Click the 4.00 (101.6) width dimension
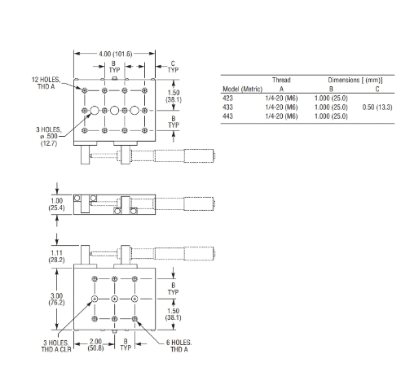click(116, 54)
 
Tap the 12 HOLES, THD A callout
click(46, 83)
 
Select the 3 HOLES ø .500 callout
click(49, 136)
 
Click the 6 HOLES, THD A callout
click(178, 346)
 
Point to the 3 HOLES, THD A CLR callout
click(56, 346)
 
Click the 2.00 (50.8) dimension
click(95, 344)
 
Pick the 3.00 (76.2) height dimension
click(56, 299)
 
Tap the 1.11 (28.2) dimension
click(56, 256)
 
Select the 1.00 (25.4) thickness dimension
click(56, 204)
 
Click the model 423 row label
click(227, 98)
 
